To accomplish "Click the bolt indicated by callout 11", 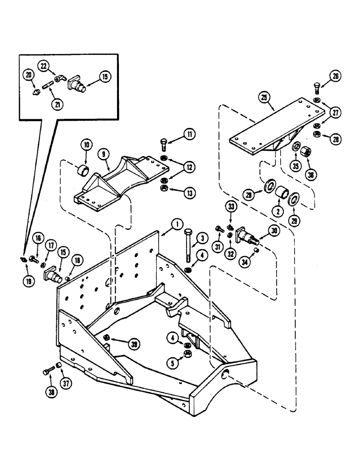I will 163,144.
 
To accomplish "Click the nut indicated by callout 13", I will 164,188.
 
